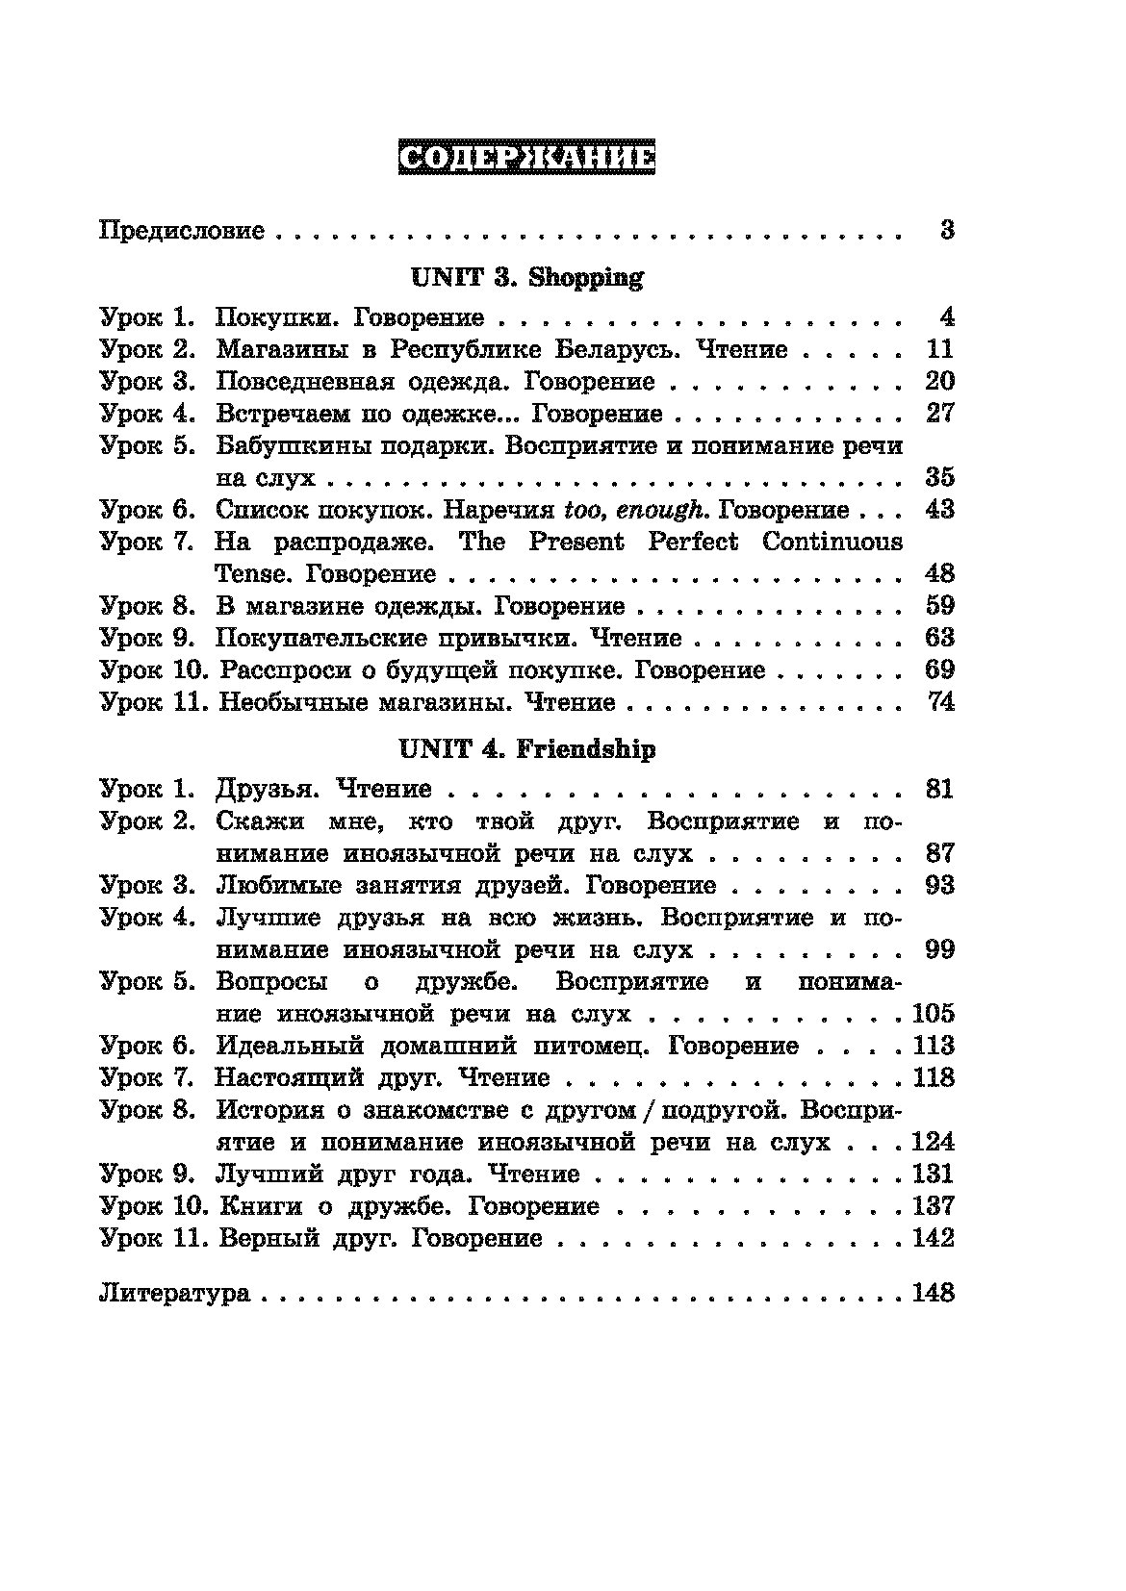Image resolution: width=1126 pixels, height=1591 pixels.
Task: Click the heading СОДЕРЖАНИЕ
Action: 525,159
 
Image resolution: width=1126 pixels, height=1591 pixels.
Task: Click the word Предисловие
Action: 182,231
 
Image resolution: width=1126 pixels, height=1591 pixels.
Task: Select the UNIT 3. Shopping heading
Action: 526,278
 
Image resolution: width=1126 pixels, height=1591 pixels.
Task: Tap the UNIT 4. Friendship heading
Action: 526,749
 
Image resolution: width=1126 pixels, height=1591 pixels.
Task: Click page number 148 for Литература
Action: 933,1292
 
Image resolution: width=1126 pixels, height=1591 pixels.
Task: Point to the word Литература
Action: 174,1293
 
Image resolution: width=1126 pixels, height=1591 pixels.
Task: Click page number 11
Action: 938,349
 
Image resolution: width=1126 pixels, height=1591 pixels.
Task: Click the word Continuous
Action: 832,542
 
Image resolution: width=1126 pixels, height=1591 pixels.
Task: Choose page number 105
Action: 933,1013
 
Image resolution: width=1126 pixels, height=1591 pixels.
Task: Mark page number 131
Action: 933,1174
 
